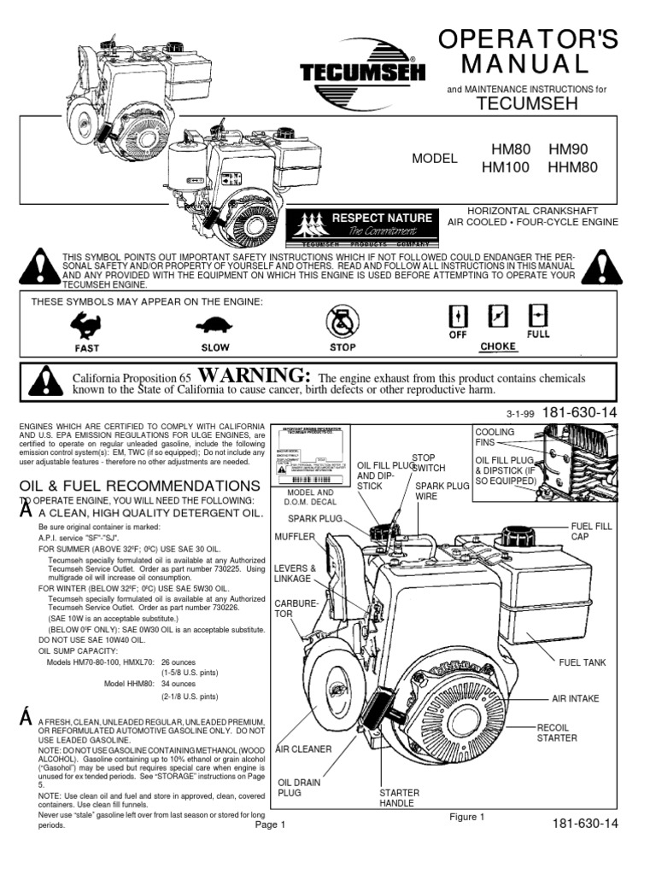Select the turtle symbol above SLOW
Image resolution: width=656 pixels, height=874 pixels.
pos(215,324)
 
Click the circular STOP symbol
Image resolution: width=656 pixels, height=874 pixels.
pos(343,323)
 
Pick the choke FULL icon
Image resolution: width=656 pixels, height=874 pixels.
pos(538,316)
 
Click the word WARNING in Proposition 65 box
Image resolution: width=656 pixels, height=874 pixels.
pos(252,376)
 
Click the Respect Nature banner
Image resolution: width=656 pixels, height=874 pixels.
pos(359,224)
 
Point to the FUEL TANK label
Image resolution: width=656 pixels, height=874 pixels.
pos(581,661)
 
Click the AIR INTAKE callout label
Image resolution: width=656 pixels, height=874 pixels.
pos(575,698)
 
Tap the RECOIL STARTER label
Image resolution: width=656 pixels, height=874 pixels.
pos(556,732)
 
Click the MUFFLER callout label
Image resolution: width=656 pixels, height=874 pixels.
pos(296,537)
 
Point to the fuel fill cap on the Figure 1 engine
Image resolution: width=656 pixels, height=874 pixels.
pos(518,536)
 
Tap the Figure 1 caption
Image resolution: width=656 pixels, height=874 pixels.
pos(467,817)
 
